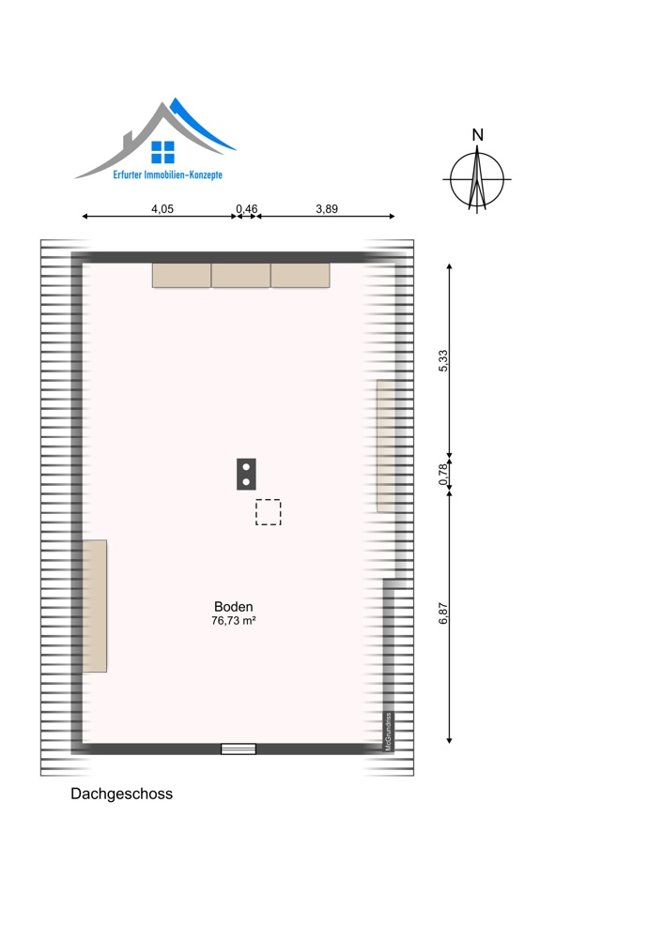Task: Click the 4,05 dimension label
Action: (x=162, y=209)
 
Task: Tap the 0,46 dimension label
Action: (x=247, y=209)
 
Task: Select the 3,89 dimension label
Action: (x=327, y=209)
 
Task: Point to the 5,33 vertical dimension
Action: (x=443, y=361)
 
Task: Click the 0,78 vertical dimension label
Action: (x=443, y=475)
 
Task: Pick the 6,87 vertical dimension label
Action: (x=443, y=613)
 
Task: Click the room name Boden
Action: (x=234, y=607)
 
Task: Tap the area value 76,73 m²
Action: (x=234, y=621)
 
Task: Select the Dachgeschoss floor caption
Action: (x=121, y=794)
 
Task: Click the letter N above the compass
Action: (x=477, y=135)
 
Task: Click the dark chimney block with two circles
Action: (x=246, y=475)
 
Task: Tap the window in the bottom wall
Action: (x=239, y=749)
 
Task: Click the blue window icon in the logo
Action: (x=162, y=153)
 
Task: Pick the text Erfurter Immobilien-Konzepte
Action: (x=168, y=174)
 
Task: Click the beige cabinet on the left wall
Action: (x=95, y=606)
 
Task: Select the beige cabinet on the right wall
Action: (x=386, y=446)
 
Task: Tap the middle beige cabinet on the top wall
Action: (x=240, y=275)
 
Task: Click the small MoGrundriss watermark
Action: (x=388, y=732)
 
